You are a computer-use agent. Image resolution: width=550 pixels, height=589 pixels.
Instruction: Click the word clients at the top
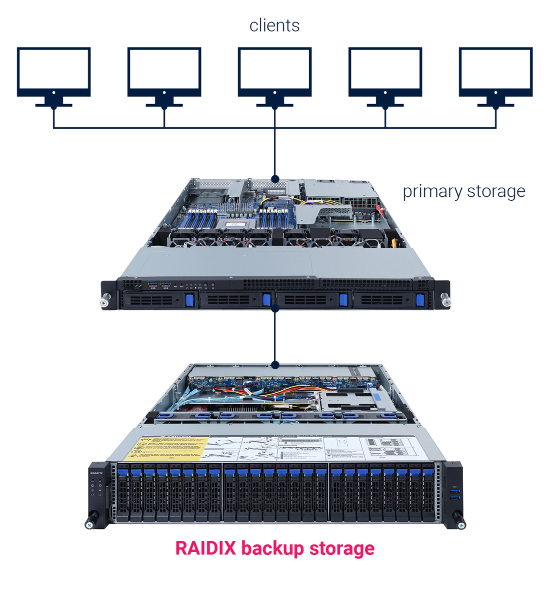click(x=274, y=26)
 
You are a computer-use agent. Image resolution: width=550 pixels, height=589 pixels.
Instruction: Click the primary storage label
click(x=463, y=191)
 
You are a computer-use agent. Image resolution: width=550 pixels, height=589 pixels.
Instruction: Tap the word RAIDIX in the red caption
click(x=205, y=548)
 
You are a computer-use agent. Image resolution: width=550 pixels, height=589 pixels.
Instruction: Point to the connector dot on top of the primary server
click(x=274, y=179)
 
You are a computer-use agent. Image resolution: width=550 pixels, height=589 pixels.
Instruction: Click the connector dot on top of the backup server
click(x=274, y=365)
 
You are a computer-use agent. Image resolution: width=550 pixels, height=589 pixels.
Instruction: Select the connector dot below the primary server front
click(x=274, y=309)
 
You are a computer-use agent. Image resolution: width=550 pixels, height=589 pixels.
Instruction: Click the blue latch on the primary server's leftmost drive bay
click(x=189, y=300)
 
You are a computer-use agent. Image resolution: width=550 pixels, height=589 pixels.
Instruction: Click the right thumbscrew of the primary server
click(x=445, y=302)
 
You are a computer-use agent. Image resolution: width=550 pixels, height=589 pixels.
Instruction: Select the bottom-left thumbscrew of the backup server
click(x=90, y=524)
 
